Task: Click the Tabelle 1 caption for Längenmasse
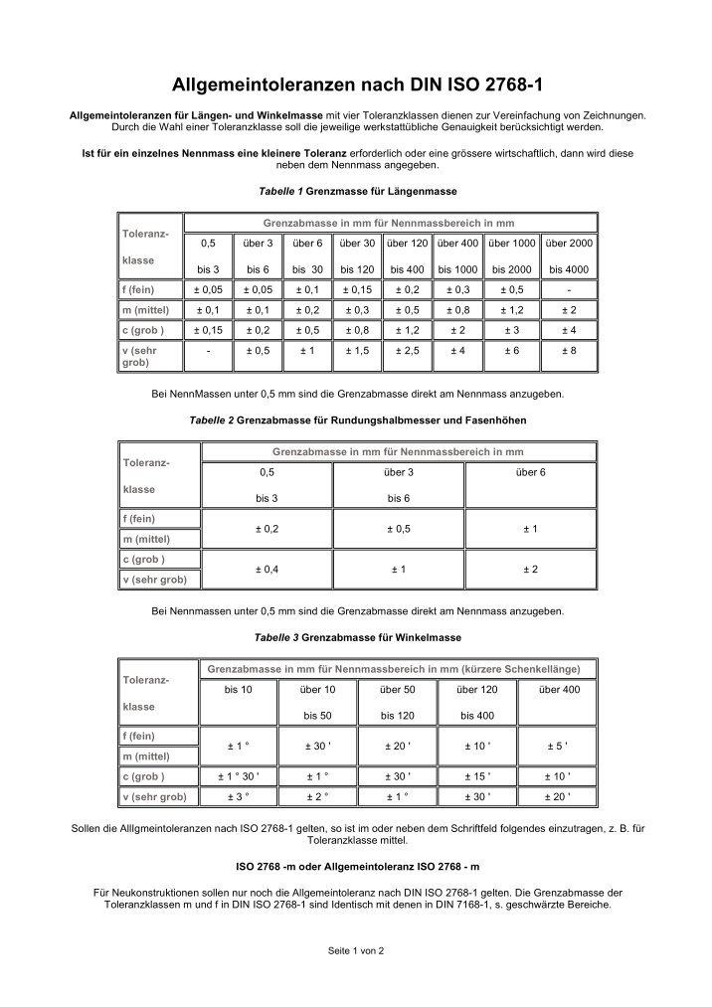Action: [356, 189]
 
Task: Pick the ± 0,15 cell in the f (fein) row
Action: [357, 289]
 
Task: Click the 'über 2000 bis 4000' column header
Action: [569, 255]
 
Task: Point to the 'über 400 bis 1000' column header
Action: [458, 255]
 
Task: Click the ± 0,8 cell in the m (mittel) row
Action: [458, 309]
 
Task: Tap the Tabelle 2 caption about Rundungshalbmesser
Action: [356, 420]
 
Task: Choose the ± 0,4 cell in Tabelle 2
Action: [267, 569]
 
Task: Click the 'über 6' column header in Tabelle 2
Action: [530, 472]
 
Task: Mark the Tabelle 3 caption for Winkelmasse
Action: [356, 636]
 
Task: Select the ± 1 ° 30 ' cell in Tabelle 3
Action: [238, 776]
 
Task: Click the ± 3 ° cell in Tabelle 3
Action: [238, 796]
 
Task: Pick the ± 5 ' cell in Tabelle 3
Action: [557, 746]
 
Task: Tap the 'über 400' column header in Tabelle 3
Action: [557, 689]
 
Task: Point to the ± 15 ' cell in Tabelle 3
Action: [477, 776]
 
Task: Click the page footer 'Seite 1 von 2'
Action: [356, 950]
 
